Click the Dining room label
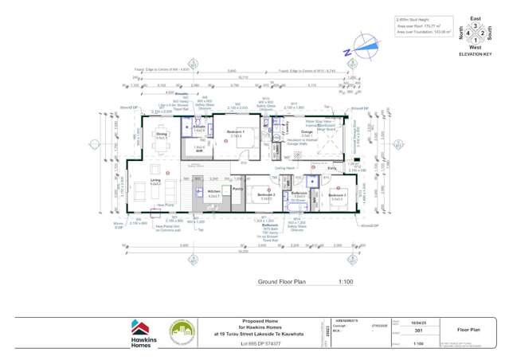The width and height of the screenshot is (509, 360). [162, 135]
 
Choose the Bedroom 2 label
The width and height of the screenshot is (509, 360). [266, 194]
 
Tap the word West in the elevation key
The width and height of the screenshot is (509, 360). [476, 48]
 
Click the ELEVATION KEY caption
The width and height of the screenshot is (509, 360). [476, 54]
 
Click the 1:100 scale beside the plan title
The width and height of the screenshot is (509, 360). [346, 282]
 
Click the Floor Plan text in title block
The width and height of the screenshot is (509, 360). [468, 328]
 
